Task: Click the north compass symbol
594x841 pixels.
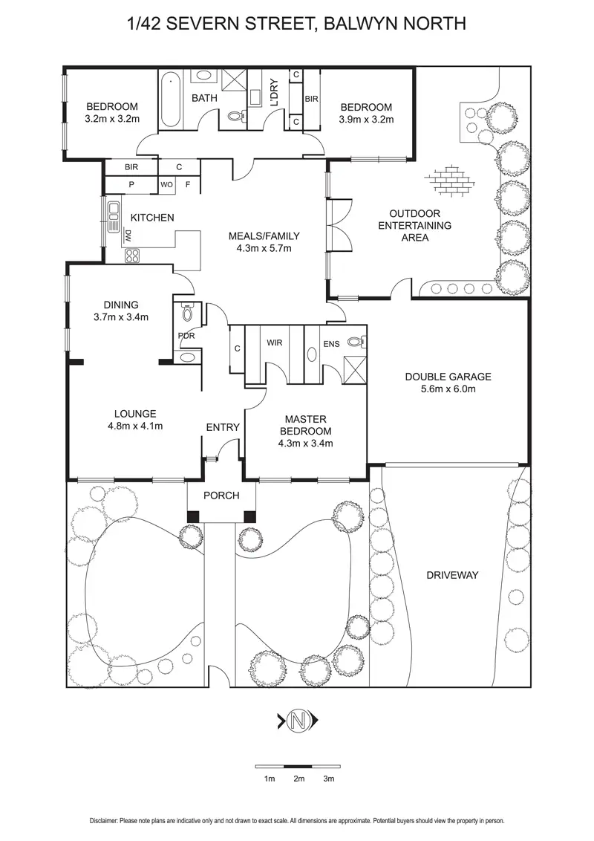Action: pyautogui.click(x=298, y=719)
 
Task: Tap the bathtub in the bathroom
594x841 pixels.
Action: pyautogui.click(x=172, y=100)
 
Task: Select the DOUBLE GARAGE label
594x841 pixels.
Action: pyautogui.click(x=448, y=377)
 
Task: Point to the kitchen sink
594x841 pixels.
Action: pyautogui.click(x=114, y=215)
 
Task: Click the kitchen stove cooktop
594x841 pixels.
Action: pyautogui.click(x=133, y=256)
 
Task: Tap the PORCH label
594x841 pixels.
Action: pyautogui.click(x=222, y=496)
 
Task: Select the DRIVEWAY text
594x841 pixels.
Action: pyautogui.click(x=452, y=575)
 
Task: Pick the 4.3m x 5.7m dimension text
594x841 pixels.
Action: pyautogui.click(x=264, y=249)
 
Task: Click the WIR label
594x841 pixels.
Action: pyautogui.click(x=275, y=343)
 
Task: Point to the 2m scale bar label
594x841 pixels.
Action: pyautogui.click(x=298, y=779)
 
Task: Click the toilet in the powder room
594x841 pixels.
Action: pyautogui.click(x=186, y=314)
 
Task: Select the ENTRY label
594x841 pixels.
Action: pyautogui.click(x=222, y=427)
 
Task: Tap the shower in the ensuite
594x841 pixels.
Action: pyautogui.click(x=355, y=368)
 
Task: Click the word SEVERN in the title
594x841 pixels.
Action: pyautogui.click(x=211, y=24)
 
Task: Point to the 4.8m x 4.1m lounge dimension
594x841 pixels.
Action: pyautogui.click(x=134, y=426)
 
